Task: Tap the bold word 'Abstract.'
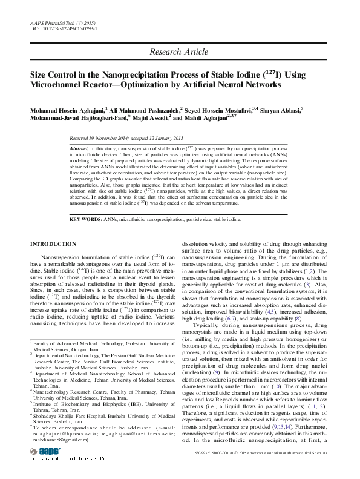pyautogui.click(x=79, y=148)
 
